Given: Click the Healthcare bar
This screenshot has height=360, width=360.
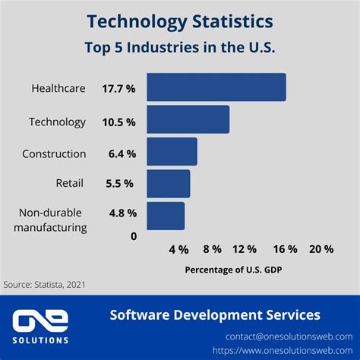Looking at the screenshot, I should [216, 87].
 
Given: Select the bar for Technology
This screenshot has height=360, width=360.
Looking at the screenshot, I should [188, 120].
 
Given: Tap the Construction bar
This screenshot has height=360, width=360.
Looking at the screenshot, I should [172, 152].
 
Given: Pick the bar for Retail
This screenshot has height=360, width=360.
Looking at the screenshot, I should [168, 183].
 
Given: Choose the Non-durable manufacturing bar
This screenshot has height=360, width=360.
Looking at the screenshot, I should [166, 216].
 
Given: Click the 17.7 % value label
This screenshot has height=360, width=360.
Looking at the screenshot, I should [118, 89].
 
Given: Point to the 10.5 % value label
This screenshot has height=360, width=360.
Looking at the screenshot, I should [118, 122].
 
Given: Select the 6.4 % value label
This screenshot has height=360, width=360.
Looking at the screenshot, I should [122, 153].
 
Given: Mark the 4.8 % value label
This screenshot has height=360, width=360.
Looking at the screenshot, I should [122, 213].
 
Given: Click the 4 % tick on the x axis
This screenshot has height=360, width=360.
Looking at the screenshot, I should [178, 249].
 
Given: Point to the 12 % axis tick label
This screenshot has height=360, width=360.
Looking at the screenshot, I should [245, 249].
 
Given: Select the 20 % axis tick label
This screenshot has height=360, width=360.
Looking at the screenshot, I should [321, 249].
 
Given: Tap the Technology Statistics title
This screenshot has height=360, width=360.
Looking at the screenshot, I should [180, 20].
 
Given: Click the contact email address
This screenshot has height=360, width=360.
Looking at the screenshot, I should [289, 336].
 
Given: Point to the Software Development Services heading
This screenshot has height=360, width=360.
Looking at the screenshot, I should [215, 314].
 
